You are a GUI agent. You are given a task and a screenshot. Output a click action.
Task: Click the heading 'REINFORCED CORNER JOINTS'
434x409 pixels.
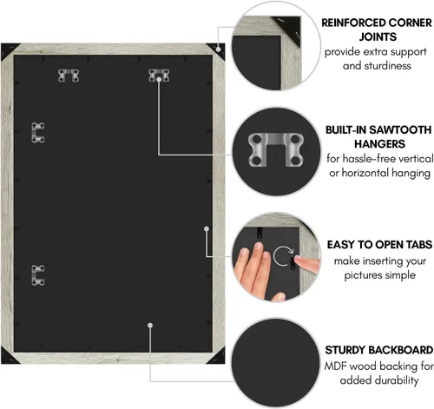(x=377, y=30)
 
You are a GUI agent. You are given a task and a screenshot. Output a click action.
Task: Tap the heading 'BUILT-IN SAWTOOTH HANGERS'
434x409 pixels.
(x=378, y=137)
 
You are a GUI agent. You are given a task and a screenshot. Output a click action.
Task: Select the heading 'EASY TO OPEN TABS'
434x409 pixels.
(x=379, y=245)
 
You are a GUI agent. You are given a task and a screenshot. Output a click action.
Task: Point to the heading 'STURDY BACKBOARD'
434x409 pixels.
(x=379, y=350)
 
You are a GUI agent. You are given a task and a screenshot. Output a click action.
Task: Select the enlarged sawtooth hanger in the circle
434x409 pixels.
(x=276, y=149)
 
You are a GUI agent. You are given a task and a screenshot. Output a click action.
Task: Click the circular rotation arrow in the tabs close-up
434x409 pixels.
(x=284, y=256)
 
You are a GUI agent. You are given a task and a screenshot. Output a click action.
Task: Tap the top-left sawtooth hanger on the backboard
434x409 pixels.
(x=69, y=76)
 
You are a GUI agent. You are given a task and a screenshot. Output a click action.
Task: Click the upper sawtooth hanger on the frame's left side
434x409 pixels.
(x=38, y=133)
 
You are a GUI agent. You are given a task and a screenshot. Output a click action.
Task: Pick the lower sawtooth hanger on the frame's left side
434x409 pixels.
(x=38, y=275)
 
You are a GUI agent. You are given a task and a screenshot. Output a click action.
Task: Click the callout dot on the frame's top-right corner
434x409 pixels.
(x=219, y=49)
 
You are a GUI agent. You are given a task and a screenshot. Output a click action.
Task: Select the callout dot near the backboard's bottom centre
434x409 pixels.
(x=150, y=326)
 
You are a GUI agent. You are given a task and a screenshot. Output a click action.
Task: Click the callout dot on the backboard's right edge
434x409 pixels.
(x=207, y=229)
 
